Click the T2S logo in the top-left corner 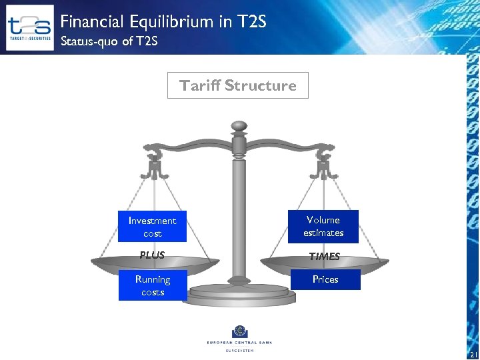coord(29,28)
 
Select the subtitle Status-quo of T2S coord(109,42)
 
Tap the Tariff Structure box coord(238,85)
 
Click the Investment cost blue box coord(152,227)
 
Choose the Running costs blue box coord(153,285)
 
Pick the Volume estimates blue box coord(323,226)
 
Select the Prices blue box coord(325,279)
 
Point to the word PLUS coord(152,255)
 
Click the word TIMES coord(325,256)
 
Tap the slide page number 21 coord(474,354)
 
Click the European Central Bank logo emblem coord(239,331)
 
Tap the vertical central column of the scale coord(239,213)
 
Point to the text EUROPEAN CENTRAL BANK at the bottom coord(239,343)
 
